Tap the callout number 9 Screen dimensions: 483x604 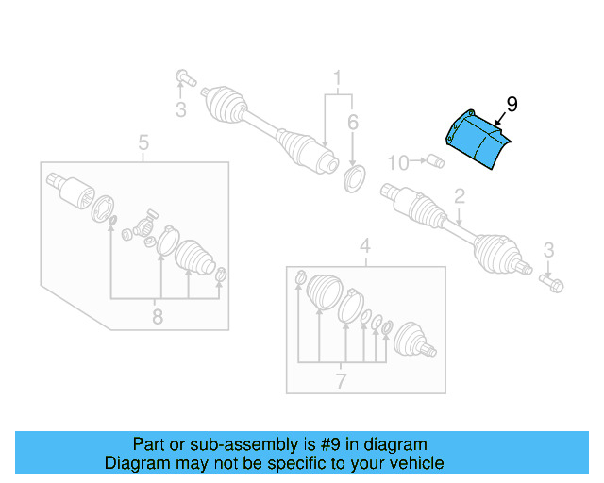(x=512, y=105)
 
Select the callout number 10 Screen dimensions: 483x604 (x=398, y=163)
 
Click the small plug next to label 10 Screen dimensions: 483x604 (x=435, y=161)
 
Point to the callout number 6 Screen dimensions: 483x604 (x=352, y=122)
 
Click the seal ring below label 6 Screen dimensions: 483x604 (x=355, y=176)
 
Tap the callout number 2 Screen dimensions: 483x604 (x=460, y=197)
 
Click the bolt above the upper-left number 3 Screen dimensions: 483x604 (x=182, y=76)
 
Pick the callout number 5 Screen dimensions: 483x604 (x=143, y=143)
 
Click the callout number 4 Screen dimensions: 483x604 (x=364, y=248)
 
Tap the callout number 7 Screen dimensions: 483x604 (x=341, y=381)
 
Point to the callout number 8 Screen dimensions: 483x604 (x=158, y=317)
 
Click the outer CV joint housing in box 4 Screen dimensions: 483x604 (x=413, y=341)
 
